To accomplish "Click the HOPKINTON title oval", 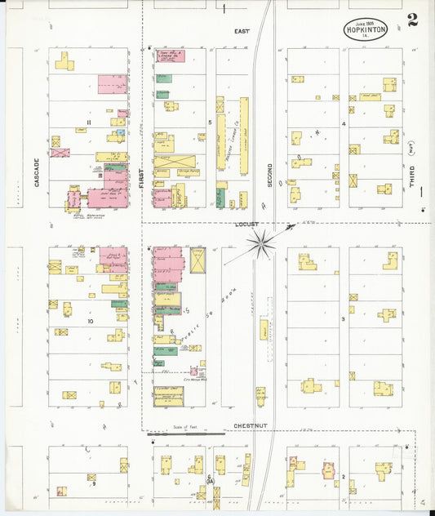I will point(366,30).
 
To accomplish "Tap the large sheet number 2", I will point(412,20).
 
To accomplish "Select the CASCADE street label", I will point(38,172).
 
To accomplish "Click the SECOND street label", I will point(270,170).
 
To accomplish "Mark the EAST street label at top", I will point(242,31).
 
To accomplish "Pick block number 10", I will point(91,321).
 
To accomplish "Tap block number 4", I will point(344,124).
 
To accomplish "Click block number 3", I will point(344,318).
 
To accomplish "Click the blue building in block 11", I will point(121,132).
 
